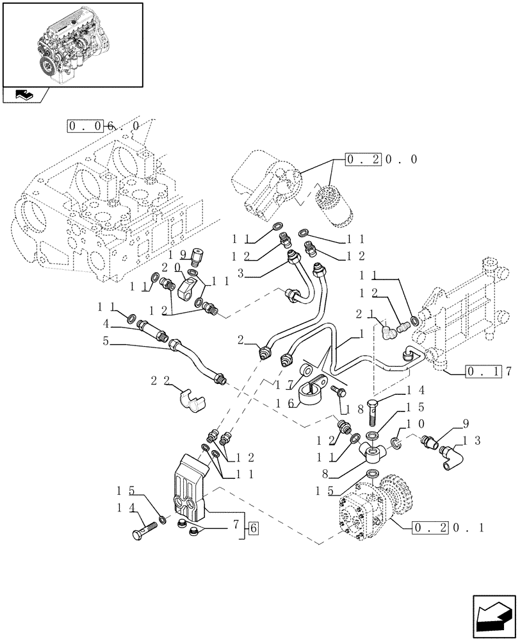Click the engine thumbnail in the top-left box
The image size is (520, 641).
[x=72, y=44]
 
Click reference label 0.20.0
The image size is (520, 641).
[x=381, y=159]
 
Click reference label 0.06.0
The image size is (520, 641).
[x=102, y=126]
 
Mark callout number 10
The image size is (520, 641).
[x=412, y=424]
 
